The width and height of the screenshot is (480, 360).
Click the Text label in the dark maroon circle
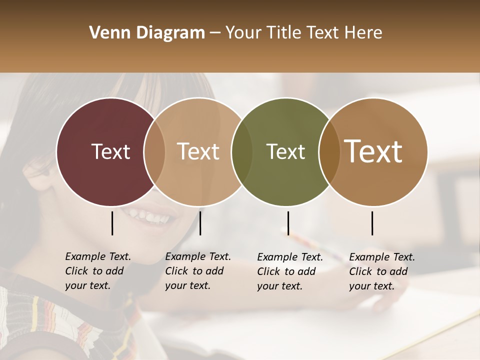[110, 151]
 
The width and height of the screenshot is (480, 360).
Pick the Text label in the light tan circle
[198, 151]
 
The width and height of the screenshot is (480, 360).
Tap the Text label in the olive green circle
[285, 151]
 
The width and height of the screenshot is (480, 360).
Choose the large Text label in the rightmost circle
[373, 151]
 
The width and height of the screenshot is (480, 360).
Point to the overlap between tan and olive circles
[242, 152]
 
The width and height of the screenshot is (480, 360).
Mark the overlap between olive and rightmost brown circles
[329, 152]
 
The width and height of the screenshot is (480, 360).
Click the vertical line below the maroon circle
[112, 223]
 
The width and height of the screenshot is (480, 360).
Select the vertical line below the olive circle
[288, 223]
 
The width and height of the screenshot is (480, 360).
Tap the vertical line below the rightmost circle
[372, 223]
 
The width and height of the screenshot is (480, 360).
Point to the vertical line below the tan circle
[200, 223]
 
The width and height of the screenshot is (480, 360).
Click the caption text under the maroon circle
[97, 271]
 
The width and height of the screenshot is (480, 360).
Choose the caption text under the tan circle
[197, 271]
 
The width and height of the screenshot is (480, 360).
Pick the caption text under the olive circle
[289, 271]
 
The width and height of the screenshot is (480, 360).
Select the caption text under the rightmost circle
[381, 271]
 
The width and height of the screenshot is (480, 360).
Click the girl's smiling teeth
[150, 216]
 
